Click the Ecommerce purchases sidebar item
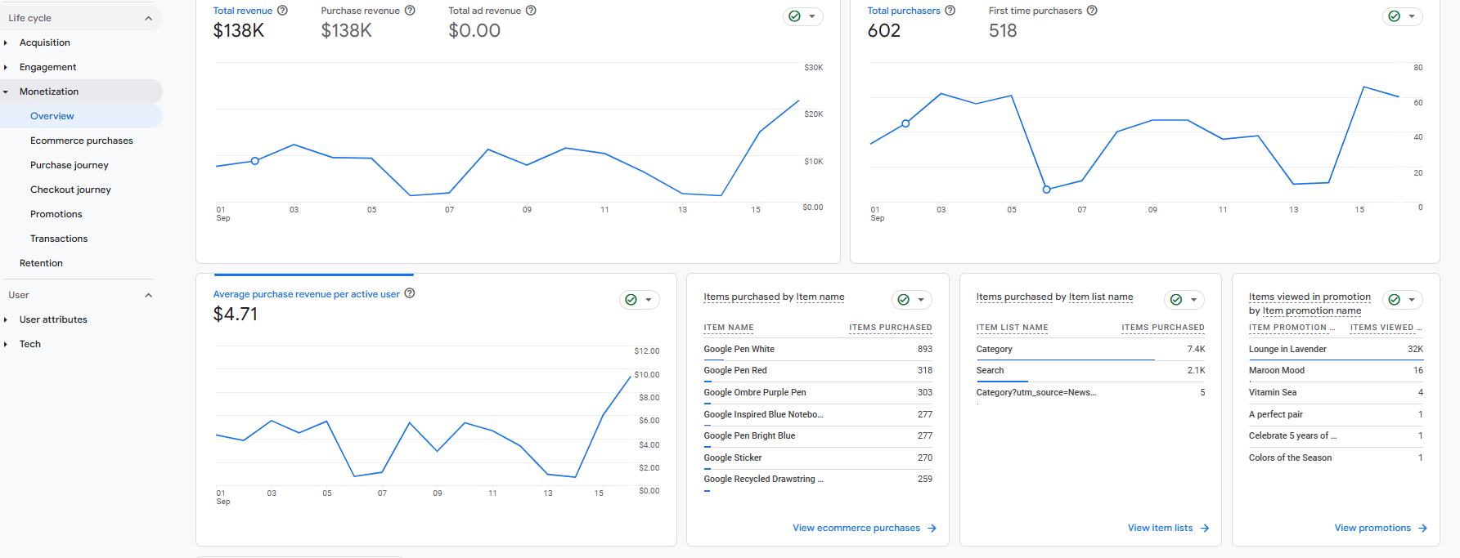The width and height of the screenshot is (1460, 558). point(82,141)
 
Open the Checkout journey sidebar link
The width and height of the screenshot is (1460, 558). point(70,190)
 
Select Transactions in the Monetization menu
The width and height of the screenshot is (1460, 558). point(59,239)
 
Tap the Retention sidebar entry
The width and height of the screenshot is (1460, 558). point(41,263)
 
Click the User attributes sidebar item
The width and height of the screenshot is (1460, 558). point(53,319)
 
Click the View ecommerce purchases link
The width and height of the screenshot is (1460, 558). point(856,528)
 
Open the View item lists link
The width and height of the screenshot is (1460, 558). point(1160,528)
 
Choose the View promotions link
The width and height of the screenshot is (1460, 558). point(1372,528)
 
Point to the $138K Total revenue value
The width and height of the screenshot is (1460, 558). point(239,31)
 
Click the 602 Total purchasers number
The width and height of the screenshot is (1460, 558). point(884,31)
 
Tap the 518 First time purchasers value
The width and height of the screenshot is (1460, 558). point(1003,31)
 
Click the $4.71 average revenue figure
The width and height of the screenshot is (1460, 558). point(236,315)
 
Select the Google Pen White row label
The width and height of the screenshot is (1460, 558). point(739,349)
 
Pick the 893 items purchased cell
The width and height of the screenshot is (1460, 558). point(925,349)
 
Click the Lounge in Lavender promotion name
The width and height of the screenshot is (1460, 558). point(1287,349)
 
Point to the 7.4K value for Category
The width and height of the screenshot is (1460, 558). point(1196,349)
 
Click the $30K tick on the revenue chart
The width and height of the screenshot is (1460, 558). point(814,68)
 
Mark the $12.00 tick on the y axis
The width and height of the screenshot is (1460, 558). point(647,351)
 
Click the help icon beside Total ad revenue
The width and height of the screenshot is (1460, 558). point(531,11)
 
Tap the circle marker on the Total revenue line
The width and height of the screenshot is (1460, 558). point(255,161)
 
